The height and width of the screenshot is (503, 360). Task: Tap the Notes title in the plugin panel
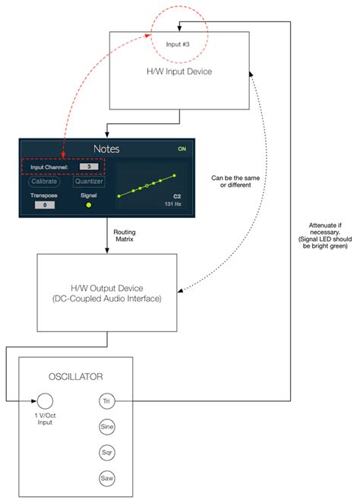coord(106,149)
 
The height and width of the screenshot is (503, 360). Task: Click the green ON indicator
coord(182,149)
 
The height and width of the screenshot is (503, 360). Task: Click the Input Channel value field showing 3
coord(90,167)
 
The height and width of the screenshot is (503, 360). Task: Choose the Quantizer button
coord(89,182)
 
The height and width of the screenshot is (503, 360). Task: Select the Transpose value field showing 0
coord(45,204)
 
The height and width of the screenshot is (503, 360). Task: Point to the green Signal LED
coord(89,204)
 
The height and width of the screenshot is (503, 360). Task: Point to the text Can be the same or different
coord(234,182)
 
